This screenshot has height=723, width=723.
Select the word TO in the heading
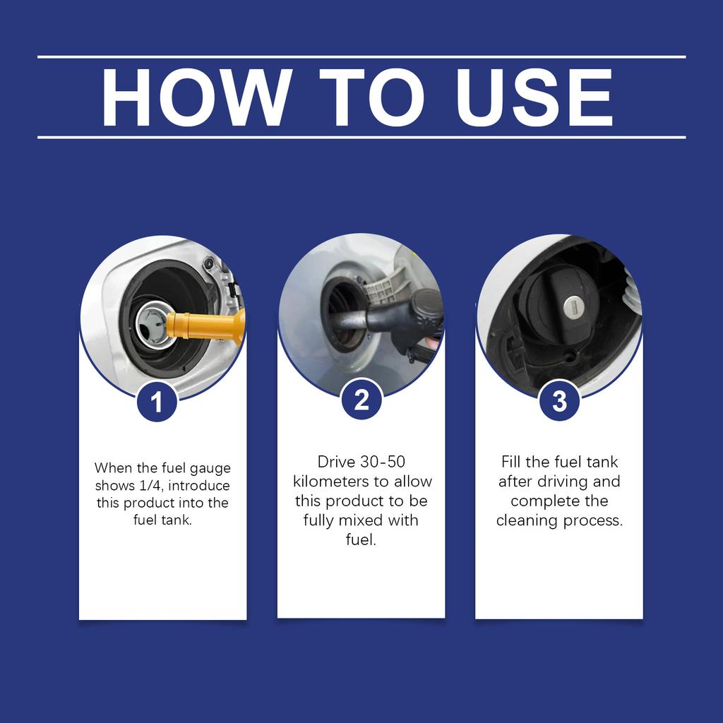pyautogui.click(x=372, y=97)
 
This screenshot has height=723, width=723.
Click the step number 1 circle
pyautogui.click(x=157, y=401)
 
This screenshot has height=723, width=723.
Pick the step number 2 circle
pyautogui.click(x=361, y=400)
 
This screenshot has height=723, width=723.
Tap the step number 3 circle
pyautogui.click(x=559, y=401)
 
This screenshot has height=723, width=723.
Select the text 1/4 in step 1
pyautogui.click(x=151, y=486)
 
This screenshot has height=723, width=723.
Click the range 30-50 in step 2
pyautogui.click(x=382, y=462)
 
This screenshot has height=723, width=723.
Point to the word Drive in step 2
pyautogui.click(x=334, y=462)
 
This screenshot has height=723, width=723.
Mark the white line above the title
pyautogui.click(x=361, y=56)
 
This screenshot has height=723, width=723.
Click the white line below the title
pyautogui.click(x=361, y=137)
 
